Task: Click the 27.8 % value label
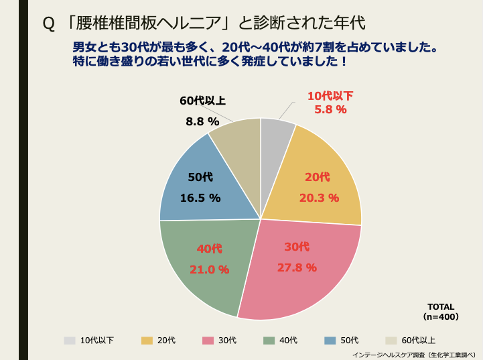pos(297,267)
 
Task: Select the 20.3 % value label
pos(319,198)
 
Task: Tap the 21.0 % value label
pos(209,269)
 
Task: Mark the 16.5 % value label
pos(200,198)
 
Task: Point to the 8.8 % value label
pos(202,121)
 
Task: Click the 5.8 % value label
pos(330,109)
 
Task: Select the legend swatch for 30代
pos(208,340)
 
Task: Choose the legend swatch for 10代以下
pos(70,340)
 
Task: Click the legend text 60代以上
pos(419,341)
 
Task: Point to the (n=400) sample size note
pos(441,316)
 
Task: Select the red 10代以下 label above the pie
pos(330,95)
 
